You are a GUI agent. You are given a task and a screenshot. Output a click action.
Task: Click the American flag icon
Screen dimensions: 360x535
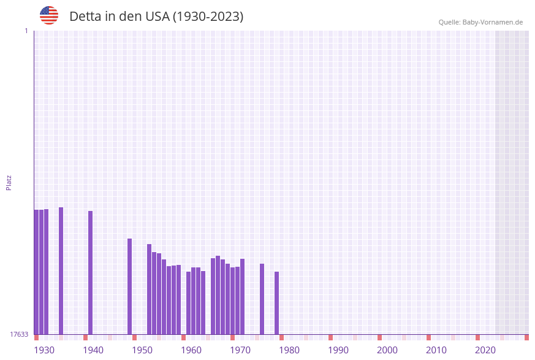49,15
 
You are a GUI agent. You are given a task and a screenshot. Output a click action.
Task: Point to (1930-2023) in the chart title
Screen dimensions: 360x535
208,17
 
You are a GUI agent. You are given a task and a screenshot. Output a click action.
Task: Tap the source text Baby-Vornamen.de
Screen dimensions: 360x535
493,22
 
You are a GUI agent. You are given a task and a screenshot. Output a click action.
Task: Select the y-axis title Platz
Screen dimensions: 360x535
9,182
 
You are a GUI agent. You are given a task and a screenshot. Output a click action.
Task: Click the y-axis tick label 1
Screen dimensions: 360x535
26,31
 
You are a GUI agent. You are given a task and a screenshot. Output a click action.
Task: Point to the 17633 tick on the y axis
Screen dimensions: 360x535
19,334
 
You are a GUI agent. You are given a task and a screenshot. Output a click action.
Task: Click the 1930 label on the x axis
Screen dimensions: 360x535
44,350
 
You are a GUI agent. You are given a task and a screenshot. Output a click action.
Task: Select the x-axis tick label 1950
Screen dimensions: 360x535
142,350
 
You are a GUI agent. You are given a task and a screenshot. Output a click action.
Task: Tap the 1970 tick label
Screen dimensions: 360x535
240,350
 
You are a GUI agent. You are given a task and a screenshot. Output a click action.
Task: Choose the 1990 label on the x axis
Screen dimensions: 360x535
338,350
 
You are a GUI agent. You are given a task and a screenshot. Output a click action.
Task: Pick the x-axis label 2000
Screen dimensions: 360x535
387,350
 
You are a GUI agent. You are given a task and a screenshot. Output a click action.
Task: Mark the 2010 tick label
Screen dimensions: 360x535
436,350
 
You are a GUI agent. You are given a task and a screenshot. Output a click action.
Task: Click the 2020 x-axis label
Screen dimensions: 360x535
485,350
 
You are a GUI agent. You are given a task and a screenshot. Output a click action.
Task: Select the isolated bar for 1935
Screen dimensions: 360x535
61,270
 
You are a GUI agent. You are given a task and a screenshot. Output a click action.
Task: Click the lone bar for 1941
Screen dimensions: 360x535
91,272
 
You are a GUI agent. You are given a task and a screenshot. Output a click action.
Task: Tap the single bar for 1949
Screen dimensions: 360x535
130,286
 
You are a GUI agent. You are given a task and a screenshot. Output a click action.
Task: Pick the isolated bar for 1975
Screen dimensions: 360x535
262,299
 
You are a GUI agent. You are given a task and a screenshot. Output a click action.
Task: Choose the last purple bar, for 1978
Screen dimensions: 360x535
277,303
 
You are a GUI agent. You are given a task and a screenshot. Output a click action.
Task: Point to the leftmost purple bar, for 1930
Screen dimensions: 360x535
37,272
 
